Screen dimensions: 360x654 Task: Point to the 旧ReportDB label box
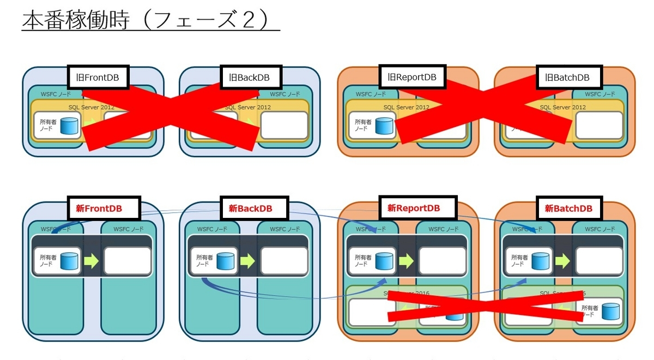(412, 77)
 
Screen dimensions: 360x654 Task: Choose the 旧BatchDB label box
(567, 78)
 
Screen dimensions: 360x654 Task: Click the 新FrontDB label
(103, 208)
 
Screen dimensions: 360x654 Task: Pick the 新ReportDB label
(414, 208)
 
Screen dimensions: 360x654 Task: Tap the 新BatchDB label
(568, 208)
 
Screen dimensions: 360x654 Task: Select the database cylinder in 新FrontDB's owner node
(69, 261)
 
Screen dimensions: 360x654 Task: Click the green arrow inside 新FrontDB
(91, 261)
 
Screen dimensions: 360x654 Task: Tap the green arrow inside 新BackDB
(247, 261)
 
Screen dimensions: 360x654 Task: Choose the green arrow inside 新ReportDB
(406, 261)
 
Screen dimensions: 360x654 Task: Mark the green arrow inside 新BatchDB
(562, 261)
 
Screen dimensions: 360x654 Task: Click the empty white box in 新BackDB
(283, 261)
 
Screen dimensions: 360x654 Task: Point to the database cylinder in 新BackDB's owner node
(226, 261)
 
